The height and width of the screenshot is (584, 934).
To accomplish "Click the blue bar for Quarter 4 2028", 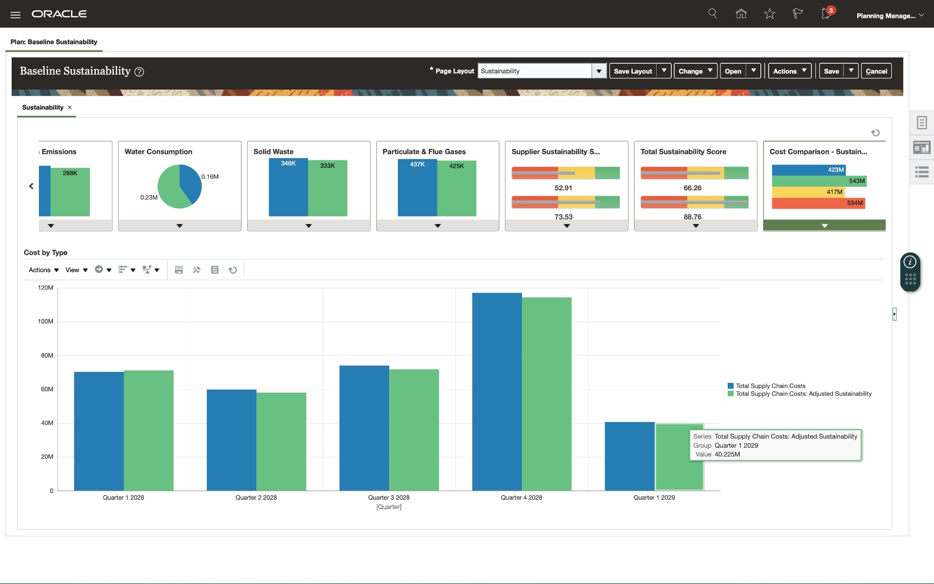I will (497, 391).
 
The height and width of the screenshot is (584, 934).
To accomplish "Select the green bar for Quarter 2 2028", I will (281, 441).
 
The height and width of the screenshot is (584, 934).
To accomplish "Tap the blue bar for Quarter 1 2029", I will (629, 456).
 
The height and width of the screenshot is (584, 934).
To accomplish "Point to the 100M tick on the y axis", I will (46, 322).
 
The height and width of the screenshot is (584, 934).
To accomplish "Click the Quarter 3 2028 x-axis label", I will (389, 497).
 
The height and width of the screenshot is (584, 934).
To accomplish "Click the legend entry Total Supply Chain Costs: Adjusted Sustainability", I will (803, 394).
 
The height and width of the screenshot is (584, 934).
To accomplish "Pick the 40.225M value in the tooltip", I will (727, 455).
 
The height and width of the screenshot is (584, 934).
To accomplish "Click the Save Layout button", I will (633, 71).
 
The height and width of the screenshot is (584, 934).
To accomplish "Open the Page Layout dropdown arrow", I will (599, 71).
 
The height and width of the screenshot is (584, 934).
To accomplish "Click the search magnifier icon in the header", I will (713, 14).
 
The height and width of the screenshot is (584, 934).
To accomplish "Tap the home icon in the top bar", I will (741, 14).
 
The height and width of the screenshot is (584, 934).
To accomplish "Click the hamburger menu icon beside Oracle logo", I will (16, 15).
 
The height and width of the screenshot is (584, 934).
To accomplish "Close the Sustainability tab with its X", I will (70, 108).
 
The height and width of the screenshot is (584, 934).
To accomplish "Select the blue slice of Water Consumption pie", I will (190, 182).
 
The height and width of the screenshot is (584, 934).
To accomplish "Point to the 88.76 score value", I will (692, 217).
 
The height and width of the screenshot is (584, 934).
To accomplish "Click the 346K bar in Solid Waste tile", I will (288, 187).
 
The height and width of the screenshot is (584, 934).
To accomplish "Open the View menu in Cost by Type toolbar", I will (76, 270).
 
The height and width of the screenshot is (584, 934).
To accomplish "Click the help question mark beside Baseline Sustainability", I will (139, 72).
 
